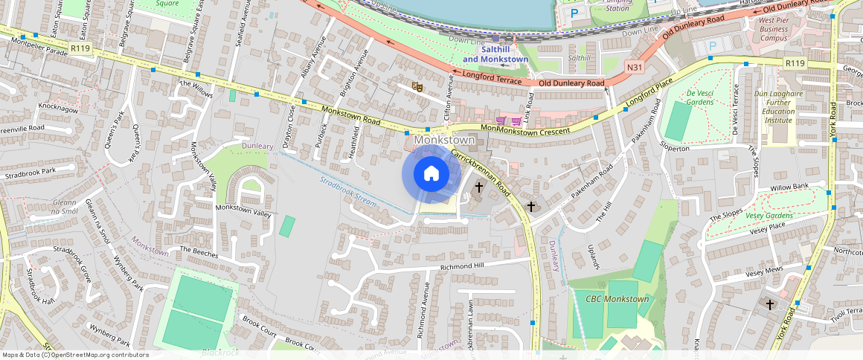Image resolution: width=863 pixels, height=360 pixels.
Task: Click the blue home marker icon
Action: click(x=431, y=174)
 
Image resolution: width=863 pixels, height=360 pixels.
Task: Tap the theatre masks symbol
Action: click(x=418, y=87)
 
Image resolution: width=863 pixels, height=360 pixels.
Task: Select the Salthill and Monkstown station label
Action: click(x=495, y=54)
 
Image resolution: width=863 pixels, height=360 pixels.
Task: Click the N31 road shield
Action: click(x=634, y=68)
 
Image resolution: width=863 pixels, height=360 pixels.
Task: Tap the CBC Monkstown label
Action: click(x=617, y=299)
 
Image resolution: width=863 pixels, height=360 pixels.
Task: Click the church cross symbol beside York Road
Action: click(x=769, y=304)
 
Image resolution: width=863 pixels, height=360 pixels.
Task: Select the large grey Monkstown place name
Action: click(x=444, y=140)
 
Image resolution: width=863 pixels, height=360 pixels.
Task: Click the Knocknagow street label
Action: click(x=58, y=109)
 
